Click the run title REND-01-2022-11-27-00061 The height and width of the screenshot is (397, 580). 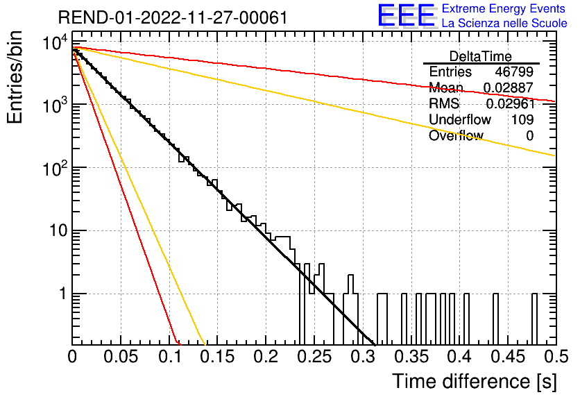(173, 17)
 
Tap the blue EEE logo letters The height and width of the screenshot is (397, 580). (407, 15)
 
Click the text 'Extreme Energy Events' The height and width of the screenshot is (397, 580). (504, 8)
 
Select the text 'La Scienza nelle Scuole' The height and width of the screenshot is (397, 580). (504, 23)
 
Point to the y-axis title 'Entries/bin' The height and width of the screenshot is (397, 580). (15, 77)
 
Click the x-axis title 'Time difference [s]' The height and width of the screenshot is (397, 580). (475, 382)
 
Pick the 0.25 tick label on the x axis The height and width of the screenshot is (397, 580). (314, 357)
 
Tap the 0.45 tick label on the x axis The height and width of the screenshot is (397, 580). (508, 357)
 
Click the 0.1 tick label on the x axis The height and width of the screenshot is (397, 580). (170, 357)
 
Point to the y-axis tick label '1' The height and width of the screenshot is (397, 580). (63, 294)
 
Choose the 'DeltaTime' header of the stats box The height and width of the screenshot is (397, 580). (481, 56)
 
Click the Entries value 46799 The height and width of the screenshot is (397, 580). (514, 71)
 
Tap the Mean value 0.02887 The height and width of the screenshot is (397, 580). (509, 87)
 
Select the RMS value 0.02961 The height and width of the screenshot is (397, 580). (511, 103)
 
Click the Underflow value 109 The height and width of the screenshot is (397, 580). (522, 119)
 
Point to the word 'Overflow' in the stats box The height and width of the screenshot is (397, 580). (456, 135)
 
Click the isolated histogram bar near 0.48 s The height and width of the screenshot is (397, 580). (534, 319)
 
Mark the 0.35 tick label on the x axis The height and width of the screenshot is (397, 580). (411, 357)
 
